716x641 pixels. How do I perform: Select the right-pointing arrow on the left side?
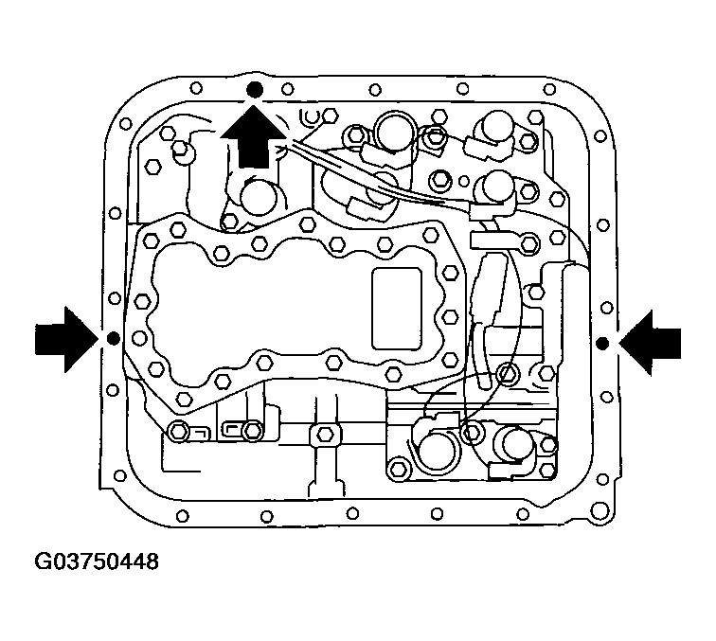[x=65, y=337]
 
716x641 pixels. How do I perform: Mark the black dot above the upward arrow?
[x=253, y=90]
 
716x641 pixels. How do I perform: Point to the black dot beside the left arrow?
[x=112, y=338]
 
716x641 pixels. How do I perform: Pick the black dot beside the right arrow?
[x=602, y=341]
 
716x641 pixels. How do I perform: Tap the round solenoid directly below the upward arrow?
[x=257, y=200]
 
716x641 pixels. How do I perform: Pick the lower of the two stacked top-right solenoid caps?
[x=496, y=187]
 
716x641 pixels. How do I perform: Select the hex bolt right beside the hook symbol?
[x=329, y=116]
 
